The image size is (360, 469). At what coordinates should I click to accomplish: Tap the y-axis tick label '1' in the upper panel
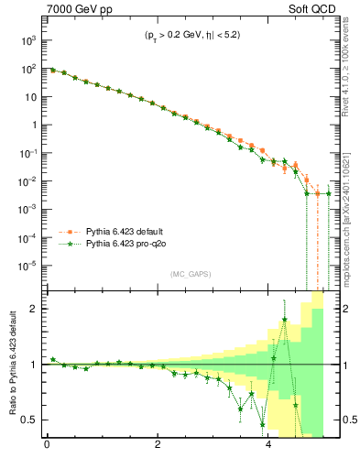tap(31, 125)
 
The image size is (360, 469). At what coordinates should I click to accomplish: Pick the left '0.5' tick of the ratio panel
tap(28, 420)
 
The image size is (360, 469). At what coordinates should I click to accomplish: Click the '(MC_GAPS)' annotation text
tap(189, 274)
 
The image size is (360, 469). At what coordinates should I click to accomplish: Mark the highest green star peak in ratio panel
tap(285, 320)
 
